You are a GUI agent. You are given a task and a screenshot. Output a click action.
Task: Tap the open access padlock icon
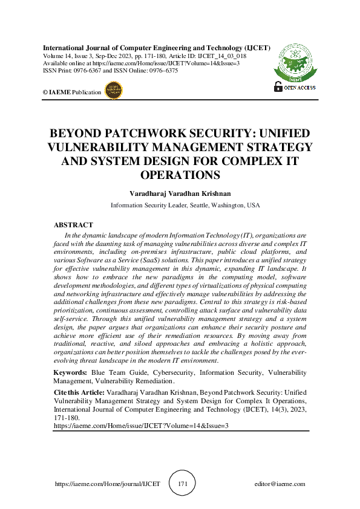tap(278, 86)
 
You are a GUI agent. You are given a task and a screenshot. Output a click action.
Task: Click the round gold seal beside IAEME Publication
tap(114, 91)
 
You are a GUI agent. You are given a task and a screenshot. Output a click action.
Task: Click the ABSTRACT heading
tap(74, 225)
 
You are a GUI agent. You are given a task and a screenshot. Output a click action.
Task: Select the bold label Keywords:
tap(70, 373)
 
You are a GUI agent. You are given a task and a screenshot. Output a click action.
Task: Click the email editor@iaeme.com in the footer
tap(280, 484)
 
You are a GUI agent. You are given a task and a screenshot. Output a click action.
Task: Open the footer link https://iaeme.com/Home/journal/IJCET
tap(107, 484)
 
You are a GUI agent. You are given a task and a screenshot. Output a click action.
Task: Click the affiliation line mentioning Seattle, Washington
tap(185, 206)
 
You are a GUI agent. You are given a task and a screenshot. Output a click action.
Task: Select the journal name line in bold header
tap(157, 47)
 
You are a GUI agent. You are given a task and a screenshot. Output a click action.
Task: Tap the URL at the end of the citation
tap(141, 426)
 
